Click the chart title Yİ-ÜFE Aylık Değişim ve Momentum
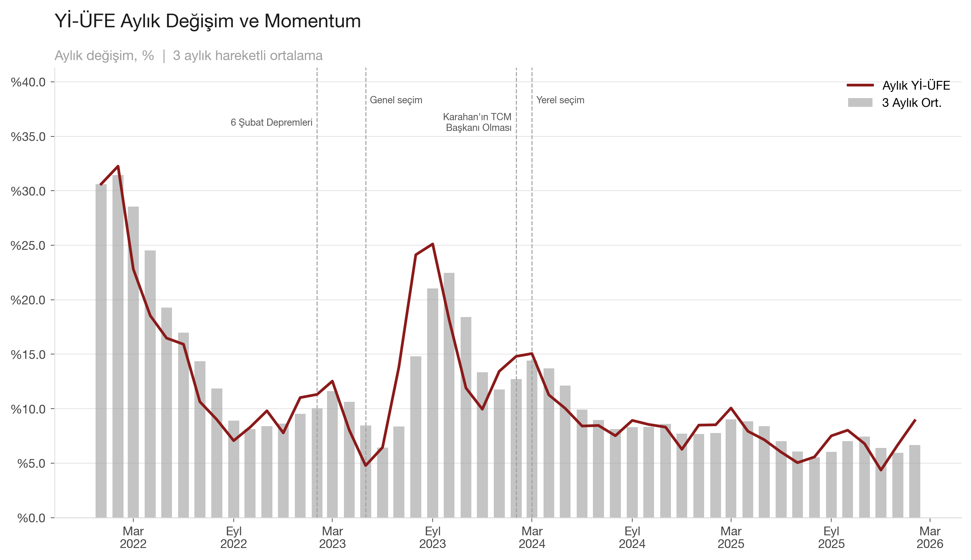[207, 21]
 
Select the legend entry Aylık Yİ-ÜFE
[916, 85]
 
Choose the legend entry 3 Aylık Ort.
[911, 103]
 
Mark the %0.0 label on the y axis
[31, 518]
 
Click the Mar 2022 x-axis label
[133, 537]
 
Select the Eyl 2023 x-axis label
[433, 537]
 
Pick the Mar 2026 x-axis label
[930, 537]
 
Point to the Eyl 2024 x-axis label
[632, 537]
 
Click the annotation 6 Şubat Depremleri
[271, 122]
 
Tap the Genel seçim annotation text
[396, 100]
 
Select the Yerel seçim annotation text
[560, 100]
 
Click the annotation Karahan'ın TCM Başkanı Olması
[478, 122]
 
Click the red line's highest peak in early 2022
[118, 166]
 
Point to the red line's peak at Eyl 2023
[433, 244]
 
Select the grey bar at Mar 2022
[133, 362]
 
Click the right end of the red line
[915, 420]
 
